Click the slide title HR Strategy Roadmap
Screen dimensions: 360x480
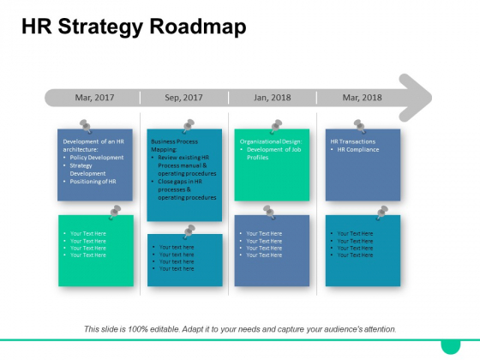133,27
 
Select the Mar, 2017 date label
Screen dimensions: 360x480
95,98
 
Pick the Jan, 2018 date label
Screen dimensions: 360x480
273,98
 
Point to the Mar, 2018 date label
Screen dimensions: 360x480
363,98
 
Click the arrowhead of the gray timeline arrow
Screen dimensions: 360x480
415,97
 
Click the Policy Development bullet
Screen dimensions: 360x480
96,158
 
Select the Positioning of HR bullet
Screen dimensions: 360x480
95,181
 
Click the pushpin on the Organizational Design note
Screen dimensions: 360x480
276,126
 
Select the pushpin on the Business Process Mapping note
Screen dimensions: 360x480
188,126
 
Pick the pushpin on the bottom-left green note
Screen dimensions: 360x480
115,210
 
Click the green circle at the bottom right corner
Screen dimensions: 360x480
450,345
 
